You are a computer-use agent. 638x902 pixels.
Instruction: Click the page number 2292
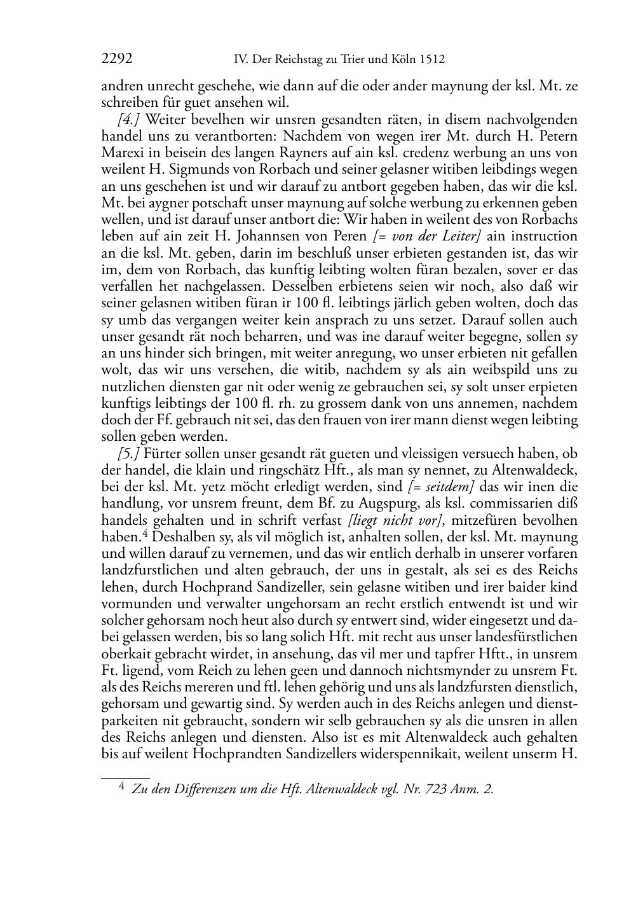click(x=117, y=60)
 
